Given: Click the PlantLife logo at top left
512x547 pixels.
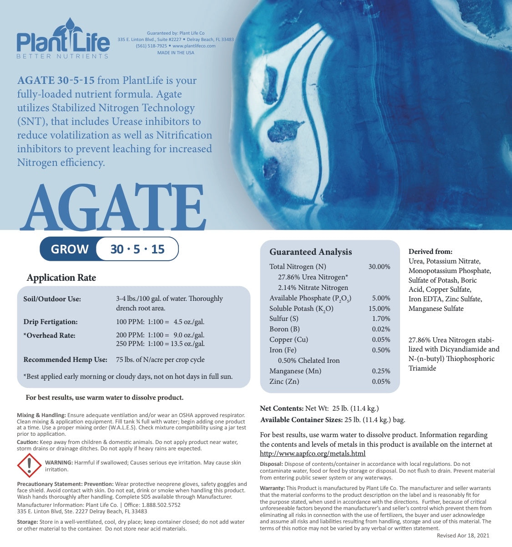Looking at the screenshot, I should (63, 39).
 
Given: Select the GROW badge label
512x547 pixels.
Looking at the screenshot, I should (70, 249).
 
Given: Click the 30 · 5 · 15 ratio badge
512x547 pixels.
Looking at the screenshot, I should (137, 249).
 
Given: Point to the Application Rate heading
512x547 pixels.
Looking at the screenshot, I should (61, 278).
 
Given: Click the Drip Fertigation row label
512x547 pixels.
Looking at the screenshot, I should (51, 322).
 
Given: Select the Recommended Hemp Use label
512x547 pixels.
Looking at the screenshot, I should (65, 360).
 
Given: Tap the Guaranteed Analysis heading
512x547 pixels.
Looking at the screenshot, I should (310, 252).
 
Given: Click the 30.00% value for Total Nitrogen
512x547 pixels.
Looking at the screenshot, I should (379, 267).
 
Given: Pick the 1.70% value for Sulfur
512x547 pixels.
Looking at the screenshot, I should (381, 319).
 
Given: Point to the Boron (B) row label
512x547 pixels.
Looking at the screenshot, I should (284, 329).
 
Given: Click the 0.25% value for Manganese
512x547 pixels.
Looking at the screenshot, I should (381, 371).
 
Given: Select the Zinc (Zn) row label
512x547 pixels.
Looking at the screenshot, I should (284, 382).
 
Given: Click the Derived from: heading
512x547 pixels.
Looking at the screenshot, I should (430, 252).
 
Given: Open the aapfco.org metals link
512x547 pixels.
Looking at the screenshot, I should (313, 454).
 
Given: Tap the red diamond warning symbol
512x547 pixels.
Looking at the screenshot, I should (29, 465).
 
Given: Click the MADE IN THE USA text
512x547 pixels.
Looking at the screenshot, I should (176, 53).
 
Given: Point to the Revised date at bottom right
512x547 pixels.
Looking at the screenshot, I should (463, 536).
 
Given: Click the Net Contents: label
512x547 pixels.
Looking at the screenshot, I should (281, 408).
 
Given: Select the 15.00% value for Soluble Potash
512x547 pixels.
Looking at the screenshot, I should (379, 309).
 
